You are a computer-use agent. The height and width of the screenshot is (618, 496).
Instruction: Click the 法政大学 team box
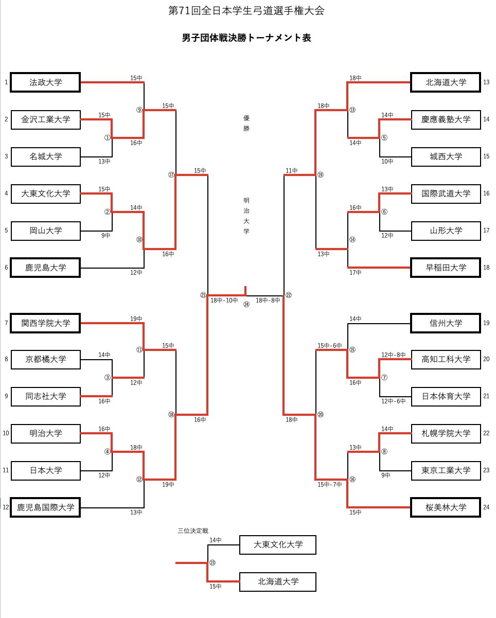click(45, 82)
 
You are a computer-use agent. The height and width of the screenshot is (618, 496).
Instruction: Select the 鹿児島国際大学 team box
click(45, 507)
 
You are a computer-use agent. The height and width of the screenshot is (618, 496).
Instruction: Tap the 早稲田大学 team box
click(446, 268)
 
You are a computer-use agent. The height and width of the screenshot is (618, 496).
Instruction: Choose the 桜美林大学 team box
click(446, 507)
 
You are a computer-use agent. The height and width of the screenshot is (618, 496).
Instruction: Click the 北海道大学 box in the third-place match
click(278, 582)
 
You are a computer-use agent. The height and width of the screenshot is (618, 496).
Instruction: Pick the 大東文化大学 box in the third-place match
click(278, 544)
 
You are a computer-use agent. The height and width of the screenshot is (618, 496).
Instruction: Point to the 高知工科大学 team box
click(446, 359)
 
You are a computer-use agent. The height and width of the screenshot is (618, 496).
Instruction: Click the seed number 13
click(486, 82)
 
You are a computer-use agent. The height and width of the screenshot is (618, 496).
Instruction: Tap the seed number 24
click(486, 507)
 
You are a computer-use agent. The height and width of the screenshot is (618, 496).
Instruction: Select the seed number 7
click(6, 323)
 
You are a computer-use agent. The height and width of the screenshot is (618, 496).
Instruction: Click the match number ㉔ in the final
click(246, 304)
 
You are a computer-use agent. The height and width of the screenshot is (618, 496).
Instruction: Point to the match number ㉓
click(212, 563)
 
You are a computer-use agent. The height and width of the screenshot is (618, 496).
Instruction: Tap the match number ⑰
click(171, 175)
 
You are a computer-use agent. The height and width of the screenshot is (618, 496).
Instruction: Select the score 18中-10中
click(224, 300)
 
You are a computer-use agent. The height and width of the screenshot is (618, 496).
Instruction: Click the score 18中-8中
click(268, 300)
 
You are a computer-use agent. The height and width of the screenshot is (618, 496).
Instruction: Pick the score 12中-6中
click(394, 401)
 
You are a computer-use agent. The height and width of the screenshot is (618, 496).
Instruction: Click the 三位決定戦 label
click(192, 530)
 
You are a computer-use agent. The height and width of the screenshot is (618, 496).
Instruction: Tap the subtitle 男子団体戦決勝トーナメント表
click(246, 38)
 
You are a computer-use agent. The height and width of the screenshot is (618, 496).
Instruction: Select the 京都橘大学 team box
click(45, 359)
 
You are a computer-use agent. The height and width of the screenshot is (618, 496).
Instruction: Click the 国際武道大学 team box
click(446, 193)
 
